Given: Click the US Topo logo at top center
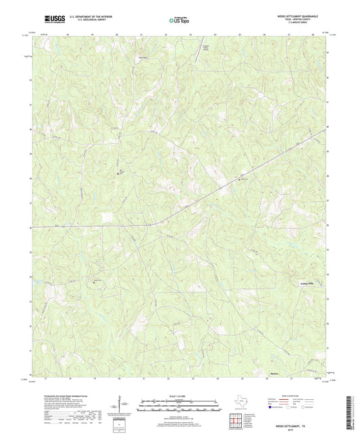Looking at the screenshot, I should point(178,20).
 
